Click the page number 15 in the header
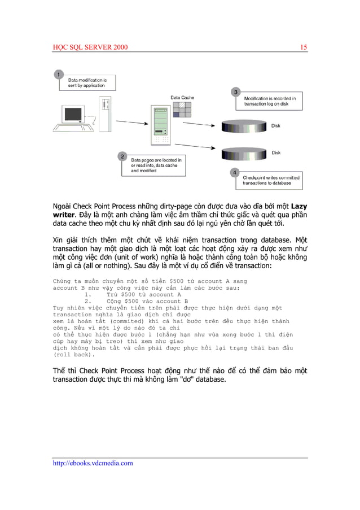304,47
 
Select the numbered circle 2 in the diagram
121,155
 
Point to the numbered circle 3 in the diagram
236,91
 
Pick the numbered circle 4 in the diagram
235,172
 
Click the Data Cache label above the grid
182,98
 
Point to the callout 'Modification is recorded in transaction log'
269,102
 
